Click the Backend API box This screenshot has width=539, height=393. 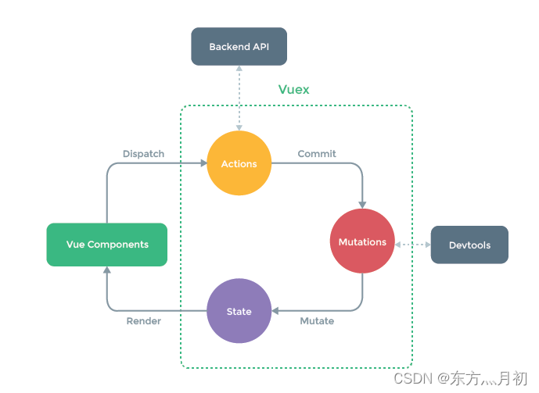239,47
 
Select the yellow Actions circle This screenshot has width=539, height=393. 239,164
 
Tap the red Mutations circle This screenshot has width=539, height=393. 362,242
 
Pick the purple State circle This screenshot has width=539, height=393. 239,312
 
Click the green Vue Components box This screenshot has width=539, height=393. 107,245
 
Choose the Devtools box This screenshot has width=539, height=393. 469,245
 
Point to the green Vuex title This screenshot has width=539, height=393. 293,90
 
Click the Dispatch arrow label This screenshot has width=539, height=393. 143,154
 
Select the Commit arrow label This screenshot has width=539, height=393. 317,154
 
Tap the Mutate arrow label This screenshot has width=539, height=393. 317,321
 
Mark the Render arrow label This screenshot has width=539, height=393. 143,321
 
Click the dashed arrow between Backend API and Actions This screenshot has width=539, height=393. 239,98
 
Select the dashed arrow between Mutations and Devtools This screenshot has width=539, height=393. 412,245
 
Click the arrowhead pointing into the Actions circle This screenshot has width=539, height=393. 203,164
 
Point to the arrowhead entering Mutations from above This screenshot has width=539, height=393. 362,205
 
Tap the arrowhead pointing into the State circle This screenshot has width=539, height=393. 275,312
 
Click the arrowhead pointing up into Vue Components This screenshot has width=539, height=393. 107,270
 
